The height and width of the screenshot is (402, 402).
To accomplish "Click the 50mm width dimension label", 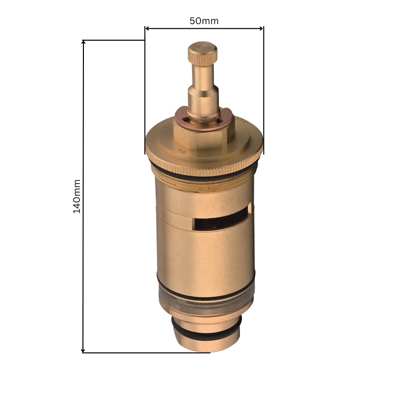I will click(x=204, y=21).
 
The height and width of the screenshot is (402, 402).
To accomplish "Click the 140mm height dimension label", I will click(x=77, y=196).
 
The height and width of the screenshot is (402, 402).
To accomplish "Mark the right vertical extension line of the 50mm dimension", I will click(x=263, y=90).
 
